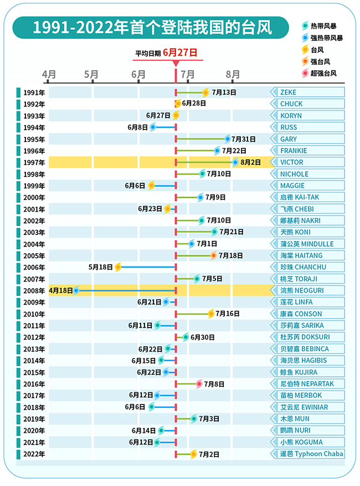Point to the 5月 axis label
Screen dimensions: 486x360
coord(92,74)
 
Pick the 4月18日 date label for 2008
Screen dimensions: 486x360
coord(60,290)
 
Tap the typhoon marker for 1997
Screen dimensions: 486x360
coord(236,162)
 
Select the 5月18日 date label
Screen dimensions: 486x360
coord(101,267)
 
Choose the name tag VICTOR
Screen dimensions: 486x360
coord(309,162)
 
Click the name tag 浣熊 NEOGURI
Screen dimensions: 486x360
coord(309,290)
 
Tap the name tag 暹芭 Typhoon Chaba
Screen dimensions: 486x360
coord(309,454)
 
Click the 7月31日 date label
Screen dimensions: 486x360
coord(244,139)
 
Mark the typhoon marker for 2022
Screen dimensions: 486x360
coord(194,454)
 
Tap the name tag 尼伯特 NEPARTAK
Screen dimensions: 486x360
coord(309,383)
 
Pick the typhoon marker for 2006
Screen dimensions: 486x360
coord(118,267)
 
